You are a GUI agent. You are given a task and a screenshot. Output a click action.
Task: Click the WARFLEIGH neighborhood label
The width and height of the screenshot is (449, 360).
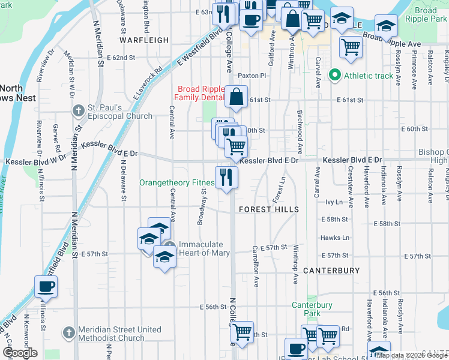pyautogui.click(x=144, y=40)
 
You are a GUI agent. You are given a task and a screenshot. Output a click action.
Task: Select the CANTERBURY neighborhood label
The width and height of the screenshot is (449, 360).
pyautogui.click(x=331, y=271)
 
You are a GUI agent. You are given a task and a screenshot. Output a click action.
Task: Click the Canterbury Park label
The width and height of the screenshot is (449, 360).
pyautogui.click(x=312, y=309)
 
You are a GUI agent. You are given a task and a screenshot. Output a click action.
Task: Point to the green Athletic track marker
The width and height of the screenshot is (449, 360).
pyautogui.click(x=335, y=76)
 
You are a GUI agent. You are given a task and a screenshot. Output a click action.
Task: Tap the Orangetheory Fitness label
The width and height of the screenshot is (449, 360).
pyautogui.click(x=177, y=182)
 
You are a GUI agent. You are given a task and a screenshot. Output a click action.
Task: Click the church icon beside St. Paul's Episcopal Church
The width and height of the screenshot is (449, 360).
pyautogui.click(x=77, y=110)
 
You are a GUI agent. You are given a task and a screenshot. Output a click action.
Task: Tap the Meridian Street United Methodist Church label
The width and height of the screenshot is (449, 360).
pyautogui.click(x=114, y=334)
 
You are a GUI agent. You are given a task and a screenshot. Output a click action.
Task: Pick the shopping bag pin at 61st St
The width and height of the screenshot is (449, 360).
pyautogui.click(x=237, y=96)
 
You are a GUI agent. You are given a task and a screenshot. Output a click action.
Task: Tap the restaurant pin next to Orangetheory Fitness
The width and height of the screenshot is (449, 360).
pyautogui.click(x=226, y=177)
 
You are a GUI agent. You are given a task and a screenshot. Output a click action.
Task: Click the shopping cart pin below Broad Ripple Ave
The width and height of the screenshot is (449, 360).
pyautogui.click(x=351, y=46)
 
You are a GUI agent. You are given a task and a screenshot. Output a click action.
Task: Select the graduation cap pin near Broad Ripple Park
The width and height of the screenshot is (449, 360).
pyautogui.click(x=385, y=26)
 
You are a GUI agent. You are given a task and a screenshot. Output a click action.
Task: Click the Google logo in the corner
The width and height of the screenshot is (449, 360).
pyautogui.click(x=20, y=353)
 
